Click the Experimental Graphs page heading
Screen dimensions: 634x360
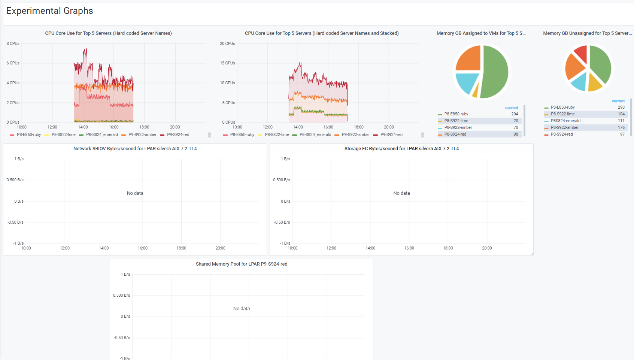pyautogui.click(x=49, y=11)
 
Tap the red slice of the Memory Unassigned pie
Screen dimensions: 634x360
pyautogui.click(x=581, y=54)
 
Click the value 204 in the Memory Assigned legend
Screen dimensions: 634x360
pyautogui.click(x=515, y=114)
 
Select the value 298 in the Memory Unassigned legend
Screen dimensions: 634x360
pyautogui.click(x=621, y=108)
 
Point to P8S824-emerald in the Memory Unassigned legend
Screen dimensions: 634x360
pyautogui.click(x=565, y=121)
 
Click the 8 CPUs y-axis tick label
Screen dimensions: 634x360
pyautogui.click(x=13, y=43)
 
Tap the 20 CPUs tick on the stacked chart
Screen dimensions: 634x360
pyautogui.click(x=227, y=43)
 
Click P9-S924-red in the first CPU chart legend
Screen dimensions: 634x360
pyautogui.click(x=178, y=135)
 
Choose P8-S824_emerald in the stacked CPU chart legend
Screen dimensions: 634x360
pyautogui.click(x=315, y=135)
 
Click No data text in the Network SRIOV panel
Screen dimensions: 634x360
pyautogui.click(x=135, y=193)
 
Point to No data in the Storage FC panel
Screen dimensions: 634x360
pyautogui.click(x=401, y=193)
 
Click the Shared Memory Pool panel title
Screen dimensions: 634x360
pyautogui.click(x=242, y=264)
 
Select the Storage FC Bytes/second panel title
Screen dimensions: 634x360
pyautogui.click(x=401, y=149)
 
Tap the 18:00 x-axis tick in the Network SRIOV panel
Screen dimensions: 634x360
pyautogui.click(x=181, y=248)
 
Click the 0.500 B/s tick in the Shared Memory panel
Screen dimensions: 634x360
pyautogui.click(x=121, y=296)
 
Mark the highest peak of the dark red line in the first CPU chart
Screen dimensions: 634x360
pyautogui.click(x=85, y=49)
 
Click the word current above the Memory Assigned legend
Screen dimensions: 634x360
pyautogui.click(x=512, y=108)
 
